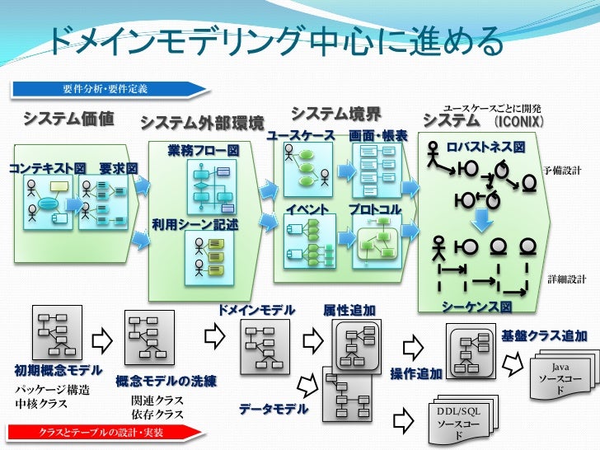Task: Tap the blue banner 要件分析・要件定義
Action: point(105,88)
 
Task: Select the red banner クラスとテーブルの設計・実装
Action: point(102,432)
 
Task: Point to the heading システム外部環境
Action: point(203,124)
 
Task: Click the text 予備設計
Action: point(562,170)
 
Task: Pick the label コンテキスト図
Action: point(47,168)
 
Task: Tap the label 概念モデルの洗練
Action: point(166,381)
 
